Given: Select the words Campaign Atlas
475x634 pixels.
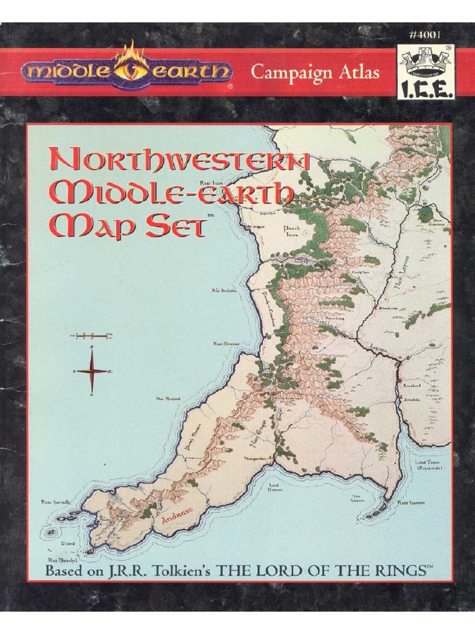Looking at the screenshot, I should (314, 72).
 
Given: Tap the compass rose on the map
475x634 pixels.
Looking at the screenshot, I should (92, 370).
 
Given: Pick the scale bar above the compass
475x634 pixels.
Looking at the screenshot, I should (91, 336).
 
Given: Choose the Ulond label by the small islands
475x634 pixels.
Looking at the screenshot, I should (68, 543).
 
